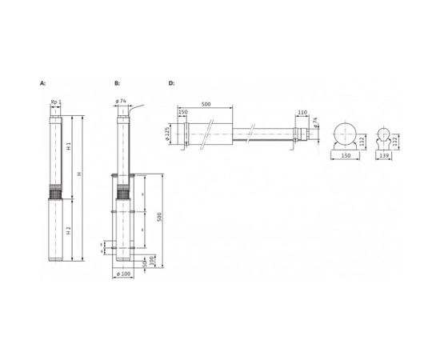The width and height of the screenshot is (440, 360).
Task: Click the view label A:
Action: pyautogui.click(x=42, y=82)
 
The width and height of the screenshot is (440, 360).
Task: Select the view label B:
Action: pyautogui.click(x=117, y=82)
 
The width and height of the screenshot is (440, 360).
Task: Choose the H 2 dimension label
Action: pyautogui.click(x=70, y=230)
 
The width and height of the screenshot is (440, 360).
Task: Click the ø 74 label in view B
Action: pyautogui.click(x=122, y=102)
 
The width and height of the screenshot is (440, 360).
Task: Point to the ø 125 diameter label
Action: pyautogui.click(x=181, y=133)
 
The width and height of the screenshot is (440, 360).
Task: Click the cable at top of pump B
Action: pyautogui.click(x=136, y=108)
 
